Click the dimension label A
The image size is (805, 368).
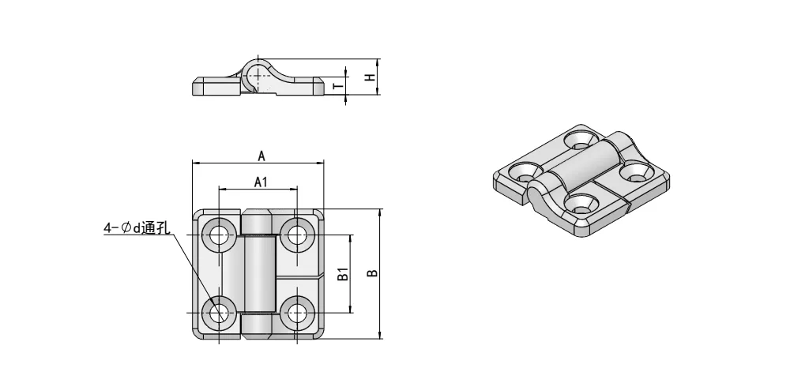tap(261, 156)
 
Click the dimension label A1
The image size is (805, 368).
tap(261, 182)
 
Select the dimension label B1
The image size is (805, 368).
tap(343, 274)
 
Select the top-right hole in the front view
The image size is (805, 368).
tap(297, 234)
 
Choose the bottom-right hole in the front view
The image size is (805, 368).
tap(297, 313)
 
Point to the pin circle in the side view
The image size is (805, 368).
tap(258, 74)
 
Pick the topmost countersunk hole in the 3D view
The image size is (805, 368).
tap(581, 140)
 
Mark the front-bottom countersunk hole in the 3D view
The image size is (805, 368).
tap(583, 205)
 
